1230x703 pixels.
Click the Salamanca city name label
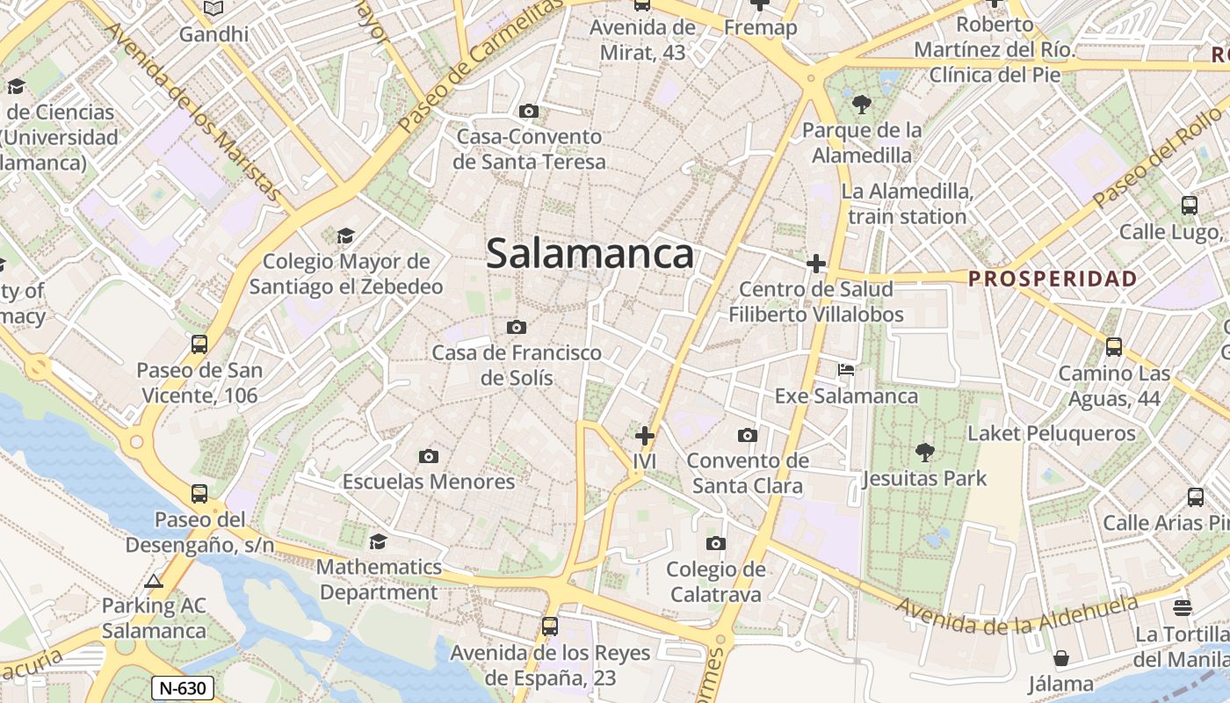tap(590, 254)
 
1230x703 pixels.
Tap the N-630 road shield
tap(183, 687)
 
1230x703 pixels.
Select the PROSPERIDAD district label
tap(1053, 279)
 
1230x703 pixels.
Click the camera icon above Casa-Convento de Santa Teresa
tap(529, 111)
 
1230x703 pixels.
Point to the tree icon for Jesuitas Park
tap(924, 453)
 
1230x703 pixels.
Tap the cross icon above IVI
tap(645, 435)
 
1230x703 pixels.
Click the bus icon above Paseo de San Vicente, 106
tap(199, 344)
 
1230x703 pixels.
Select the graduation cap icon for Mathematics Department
tap(379, 541)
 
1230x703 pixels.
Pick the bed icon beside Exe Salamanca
tap(846, 370)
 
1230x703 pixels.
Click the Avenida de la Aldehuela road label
tap(1016, 616)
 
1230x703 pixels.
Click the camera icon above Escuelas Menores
tap(429, 456)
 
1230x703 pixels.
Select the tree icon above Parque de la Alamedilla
tap(862, 105)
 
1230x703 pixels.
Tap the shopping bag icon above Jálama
tap(1061, 658)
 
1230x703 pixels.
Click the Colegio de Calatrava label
tap(716, 582)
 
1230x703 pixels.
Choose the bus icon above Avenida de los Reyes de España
tap(550, 627)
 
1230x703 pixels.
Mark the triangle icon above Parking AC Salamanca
tap(155, 581)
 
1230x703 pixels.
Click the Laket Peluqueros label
tap(1052, 433)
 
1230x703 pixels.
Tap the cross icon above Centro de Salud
tap(816, 263)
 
